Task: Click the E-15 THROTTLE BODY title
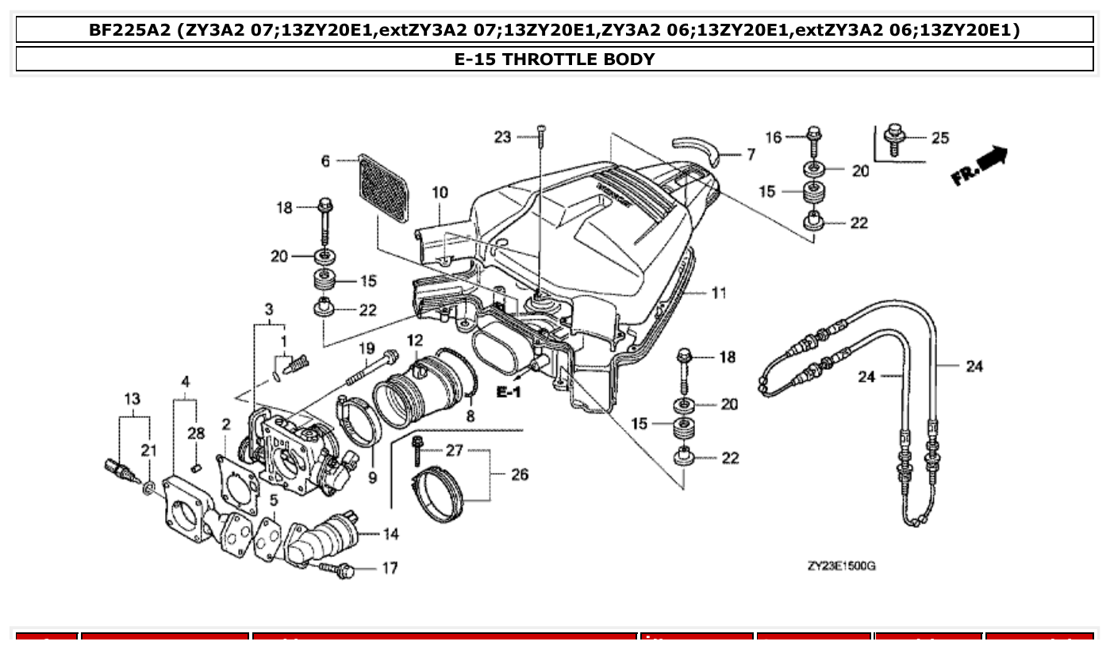coord(555,60)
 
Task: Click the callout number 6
coord(325,161)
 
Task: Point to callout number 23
coord(502,137)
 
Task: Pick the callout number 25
coord(939,138)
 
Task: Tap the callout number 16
coord(774,137)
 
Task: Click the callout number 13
coord(131,397)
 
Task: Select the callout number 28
coord(196,433)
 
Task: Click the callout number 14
coord(390,534)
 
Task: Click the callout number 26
coord(519,474)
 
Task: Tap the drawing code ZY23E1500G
coord(841,566)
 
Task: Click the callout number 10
coord(440,192)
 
